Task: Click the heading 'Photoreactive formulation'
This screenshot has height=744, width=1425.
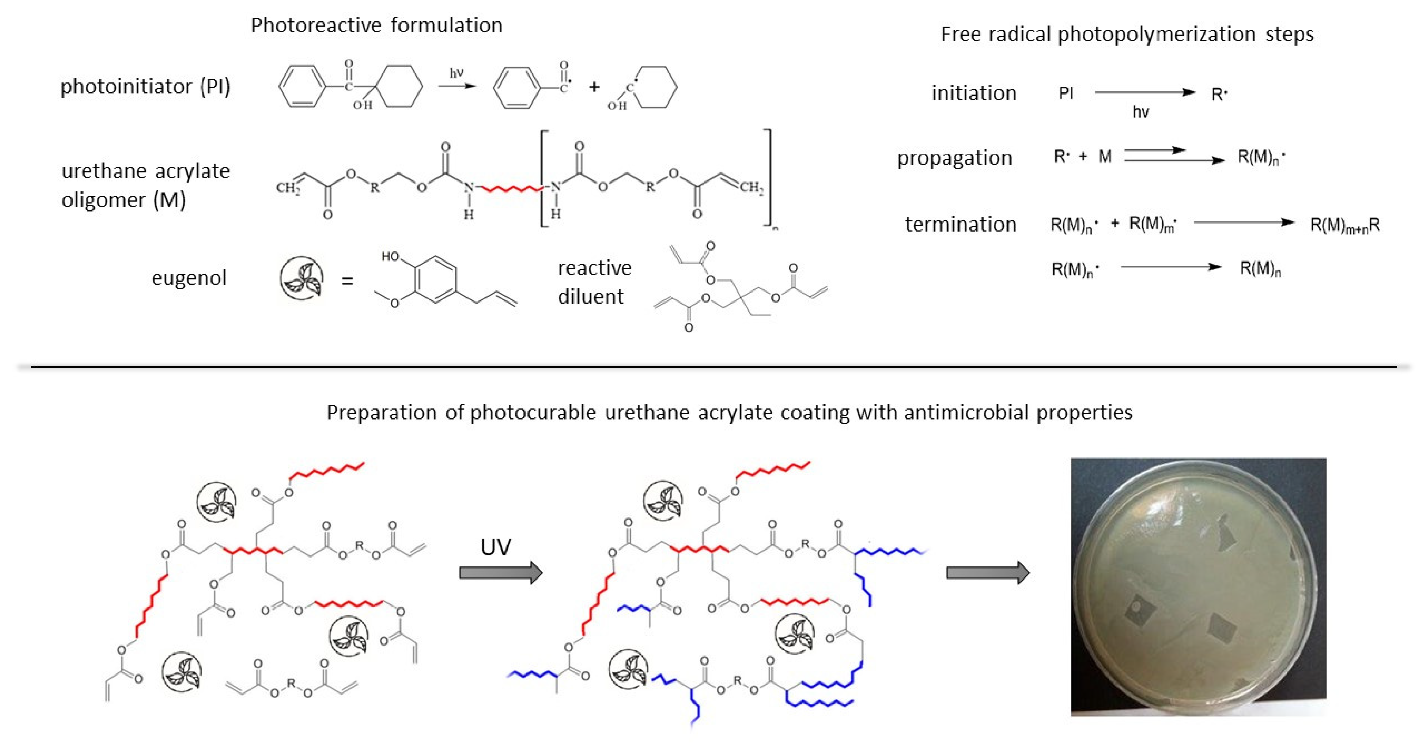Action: click(376, 25)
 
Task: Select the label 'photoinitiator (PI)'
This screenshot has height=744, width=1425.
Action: click(145, 86)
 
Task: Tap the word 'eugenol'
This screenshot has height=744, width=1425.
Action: click(189, 277)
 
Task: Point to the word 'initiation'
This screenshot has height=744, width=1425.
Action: click(974, 93)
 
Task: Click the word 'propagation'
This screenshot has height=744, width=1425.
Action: click(954, 158)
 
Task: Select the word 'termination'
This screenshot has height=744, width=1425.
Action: click(960, 224)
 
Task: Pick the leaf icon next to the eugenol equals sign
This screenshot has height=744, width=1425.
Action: click(301, 278)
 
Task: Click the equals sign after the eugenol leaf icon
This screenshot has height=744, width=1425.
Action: click(347, 281)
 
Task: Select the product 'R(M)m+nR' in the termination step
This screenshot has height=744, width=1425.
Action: click(1345, 225)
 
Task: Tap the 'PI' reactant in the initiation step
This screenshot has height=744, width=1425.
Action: click(1065, 93)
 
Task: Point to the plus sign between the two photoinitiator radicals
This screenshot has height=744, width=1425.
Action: click(594, 87)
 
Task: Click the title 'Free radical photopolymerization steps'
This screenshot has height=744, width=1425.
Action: click(1127, 34)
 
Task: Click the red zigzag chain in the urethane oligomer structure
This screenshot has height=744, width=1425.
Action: click(512, 189)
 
